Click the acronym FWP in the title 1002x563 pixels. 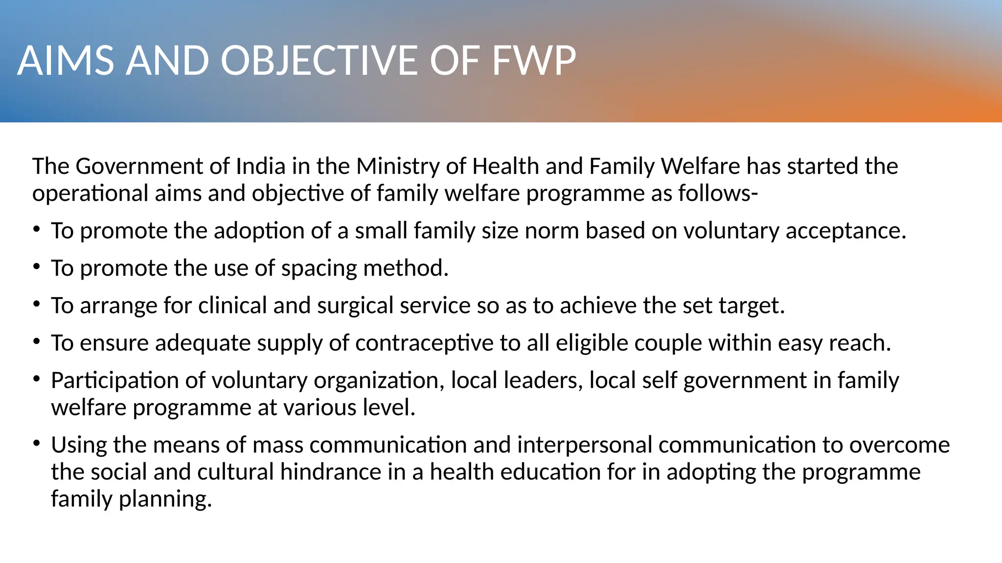[x=534, y=61]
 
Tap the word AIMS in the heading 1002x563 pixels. [x=66, y=61]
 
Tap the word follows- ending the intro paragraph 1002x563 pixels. [x=718, y=194]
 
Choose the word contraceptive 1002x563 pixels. [x=424, y=344]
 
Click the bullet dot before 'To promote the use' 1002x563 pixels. [x=36, y=267]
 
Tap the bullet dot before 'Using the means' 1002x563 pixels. [x=36, y=443]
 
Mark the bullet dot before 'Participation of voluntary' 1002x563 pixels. [x=36, y=379]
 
